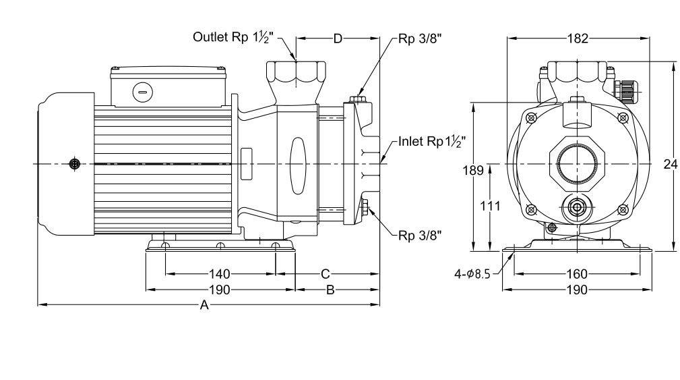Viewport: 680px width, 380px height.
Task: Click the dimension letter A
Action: (204, 305)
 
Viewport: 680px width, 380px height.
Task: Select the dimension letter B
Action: (330, 290)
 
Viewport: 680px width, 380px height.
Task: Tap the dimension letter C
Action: (326, 274)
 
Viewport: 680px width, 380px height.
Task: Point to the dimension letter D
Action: (338, 38)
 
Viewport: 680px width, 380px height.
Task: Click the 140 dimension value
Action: (220, 274)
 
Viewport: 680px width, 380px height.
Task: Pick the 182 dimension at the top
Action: (578, 38)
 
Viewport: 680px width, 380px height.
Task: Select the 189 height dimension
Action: (472, 170)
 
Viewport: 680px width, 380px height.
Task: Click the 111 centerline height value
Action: (490, 205)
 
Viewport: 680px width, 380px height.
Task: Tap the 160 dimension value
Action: (577, 274)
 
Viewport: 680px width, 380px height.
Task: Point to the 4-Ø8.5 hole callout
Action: (472, 274)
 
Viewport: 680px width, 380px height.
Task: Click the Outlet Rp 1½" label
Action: (233, 37)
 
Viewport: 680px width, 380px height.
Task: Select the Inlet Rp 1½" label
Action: (432, 142)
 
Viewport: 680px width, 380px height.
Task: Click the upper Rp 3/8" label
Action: (420, 38)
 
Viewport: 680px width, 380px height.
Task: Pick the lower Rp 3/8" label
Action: (420, 236)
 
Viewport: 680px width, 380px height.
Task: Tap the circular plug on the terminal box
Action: (143, 92)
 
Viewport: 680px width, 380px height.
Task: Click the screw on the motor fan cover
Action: (75, 164)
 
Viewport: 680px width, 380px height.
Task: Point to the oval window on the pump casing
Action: (298, 166)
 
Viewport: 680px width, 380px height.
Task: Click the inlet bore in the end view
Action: (577, 164)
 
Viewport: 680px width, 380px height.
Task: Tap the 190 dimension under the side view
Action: (220, 290)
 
